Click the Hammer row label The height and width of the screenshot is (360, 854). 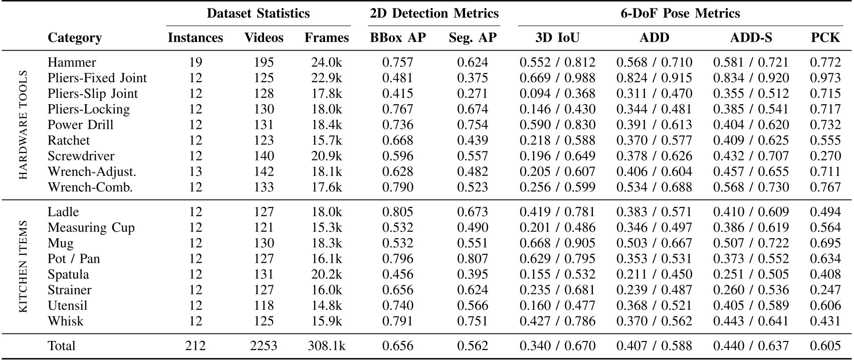tap(72, 62)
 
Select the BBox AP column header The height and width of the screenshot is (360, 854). tap(398, 38)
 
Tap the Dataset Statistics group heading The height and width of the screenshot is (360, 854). tap(258, 13)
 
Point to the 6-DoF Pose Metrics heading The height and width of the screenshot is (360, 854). tap(680, 13)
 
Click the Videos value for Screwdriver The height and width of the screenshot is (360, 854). tap(264, 156)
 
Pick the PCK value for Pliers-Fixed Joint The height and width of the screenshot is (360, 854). tap(825, 78)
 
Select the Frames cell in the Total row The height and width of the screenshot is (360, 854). tap(326, 345)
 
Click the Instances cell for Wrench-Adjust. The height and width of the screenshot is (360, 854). tap(195, 171)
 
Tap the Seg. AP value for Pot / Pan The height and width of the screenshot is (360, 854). tap(472, 259)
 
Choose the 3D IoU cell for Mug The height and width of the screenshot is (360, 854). tap(557, 243)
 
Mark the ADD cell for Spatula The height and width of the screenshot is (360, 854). tap(654, 274)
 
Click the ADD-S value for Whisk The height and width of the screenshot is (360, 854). tap(751, 321)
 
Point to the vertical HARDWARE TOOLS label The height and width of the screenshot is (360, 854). tap(23, 125)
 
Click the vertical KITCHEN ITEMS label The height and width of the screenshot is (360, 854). tap(23, 266)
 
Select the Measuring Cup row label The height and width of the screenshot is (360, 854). tap(91, 228)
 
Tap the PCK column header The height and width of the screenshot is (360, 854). tap(825, 38)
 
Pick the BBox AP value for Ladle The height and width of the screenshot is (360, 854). tap(398, 212)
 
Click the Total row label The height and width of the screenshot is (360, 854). tap(62, 345)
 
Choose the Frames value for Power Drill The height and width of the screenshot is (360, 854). tap(326, 125)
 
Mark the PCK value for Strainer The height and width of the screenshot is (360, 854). tap(825, 290)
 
